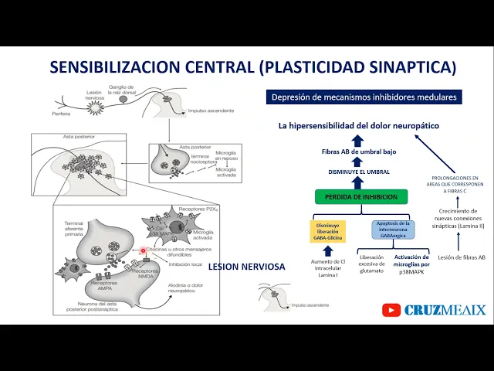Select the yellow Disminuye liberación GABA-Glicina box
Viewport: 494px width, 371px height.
click(327, 230)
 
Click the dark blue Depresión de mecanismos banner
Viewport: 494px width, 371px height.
click(364, 97)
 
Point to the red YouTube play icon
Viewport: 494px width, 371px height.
click(392, 310)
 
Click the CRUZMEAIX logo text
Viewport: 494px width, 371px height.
click(445, 310)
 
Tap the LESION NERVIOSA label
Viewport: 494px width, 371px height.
click(246, 267)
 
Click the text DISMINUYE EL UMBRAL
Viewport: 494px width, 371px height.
click(357, 172)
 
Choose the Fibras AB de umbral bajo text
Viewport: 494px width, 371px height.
click(357, 152)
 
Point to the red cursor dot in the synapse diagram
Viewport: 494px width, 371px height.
click(143, 250)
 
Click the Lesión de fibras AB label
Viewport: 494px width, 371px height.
click(461, 257)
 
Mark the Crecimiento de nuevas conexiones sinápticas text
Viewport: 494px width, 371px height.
click(461, 220)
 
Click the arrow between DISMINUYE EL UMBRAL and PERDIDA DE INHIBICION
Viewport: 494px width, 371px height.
click(357, 183)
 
